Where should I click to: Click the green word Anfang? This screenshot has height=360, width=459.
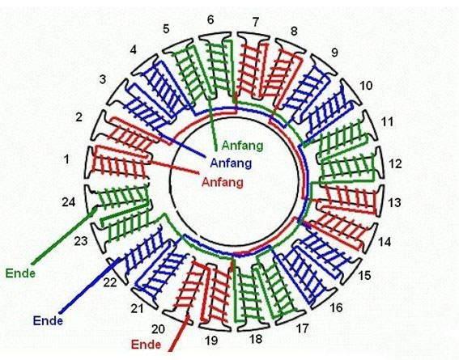pyautogui.click(x=242, y=146)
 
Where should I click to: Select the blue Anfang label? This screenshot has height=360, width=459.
pyautogui.click(x=231, y=163)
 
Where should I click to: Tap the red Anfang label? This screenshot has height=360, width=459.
pyautogui.click(x=223, y=182)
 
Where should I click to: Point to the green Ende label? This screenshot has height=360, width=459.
pyautogui.click(x=20, y=273)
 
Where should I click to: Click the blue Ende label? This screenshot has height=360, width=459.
pyautogui.click(x=48, y=321)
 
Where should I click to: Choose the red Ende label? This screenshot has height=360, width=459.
pyautogui.click(x=146, y=345)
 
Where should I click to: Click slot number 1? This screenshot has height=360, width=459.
pyautogui.click(x=67, y=159)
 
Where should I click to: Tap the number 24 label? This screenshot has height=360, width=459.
pyautogui.click(x=69, y=202)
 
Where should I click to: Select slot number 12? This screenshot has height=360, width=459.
pyautogui.click(x=395, y=163)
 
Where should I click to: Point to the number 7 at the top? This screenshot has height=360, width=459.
pyautogui.click(x=256, y=22)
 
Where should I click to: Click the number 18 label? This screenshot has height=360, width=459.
pyautogui.click(x=256, y=339)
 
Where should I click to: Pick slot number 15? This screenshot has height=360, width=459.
pyautogui.click(x=364, y=275)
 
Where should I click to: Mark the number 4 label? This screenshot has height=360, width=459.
pyautogui.click(x=134, y=49)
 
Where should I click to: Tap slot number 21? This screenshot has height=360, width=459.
pyautogui.click(x=137, y=308)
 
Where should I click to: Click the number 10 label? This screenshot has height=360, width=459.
pyautogui.click(x=366, y=86)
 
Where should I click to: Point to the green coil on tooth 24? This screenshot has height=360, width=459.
pyautogui.click(x=123, y=197)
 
